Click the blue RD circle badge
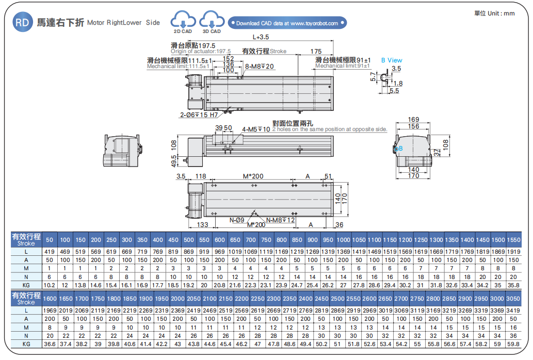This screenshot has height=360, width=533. tap(22, 23)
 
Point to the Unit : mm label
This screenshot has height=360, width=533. tap(494, 13)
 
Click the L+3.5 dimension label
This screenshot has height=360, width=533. tap(261, 37)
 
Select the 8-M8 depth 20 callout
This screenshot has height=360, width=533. tap(260, 66)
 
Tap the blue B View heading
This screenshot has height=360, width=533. tap(392, 60)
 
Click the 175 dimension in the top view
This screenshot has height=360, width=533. tap(316, 52)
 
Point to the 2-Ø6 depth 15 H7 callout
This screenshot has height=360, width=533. tap(199, 114)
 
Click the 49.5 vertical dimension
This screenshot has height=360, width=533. tap(174, 160)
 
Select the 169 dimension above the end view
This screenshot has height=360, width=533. tap(413, 119)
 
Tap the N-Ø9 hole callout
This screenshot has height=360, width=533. tap(236, 220)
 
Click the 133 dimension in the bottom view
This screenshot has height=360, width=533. tap(202, 225)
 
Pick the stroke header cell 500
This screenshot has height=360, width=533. tap(189, 240)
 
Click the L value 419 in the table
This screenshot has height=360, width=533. tap(50, 251)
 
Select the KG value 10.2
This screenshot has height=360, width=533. tap(50, 285)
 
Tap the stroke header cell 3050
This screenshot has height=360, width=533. tap(513, 299)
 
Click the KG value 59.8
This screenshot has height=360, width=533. tap(513, 343)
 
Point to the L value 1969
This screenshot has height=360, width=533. tap(50, 310)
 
